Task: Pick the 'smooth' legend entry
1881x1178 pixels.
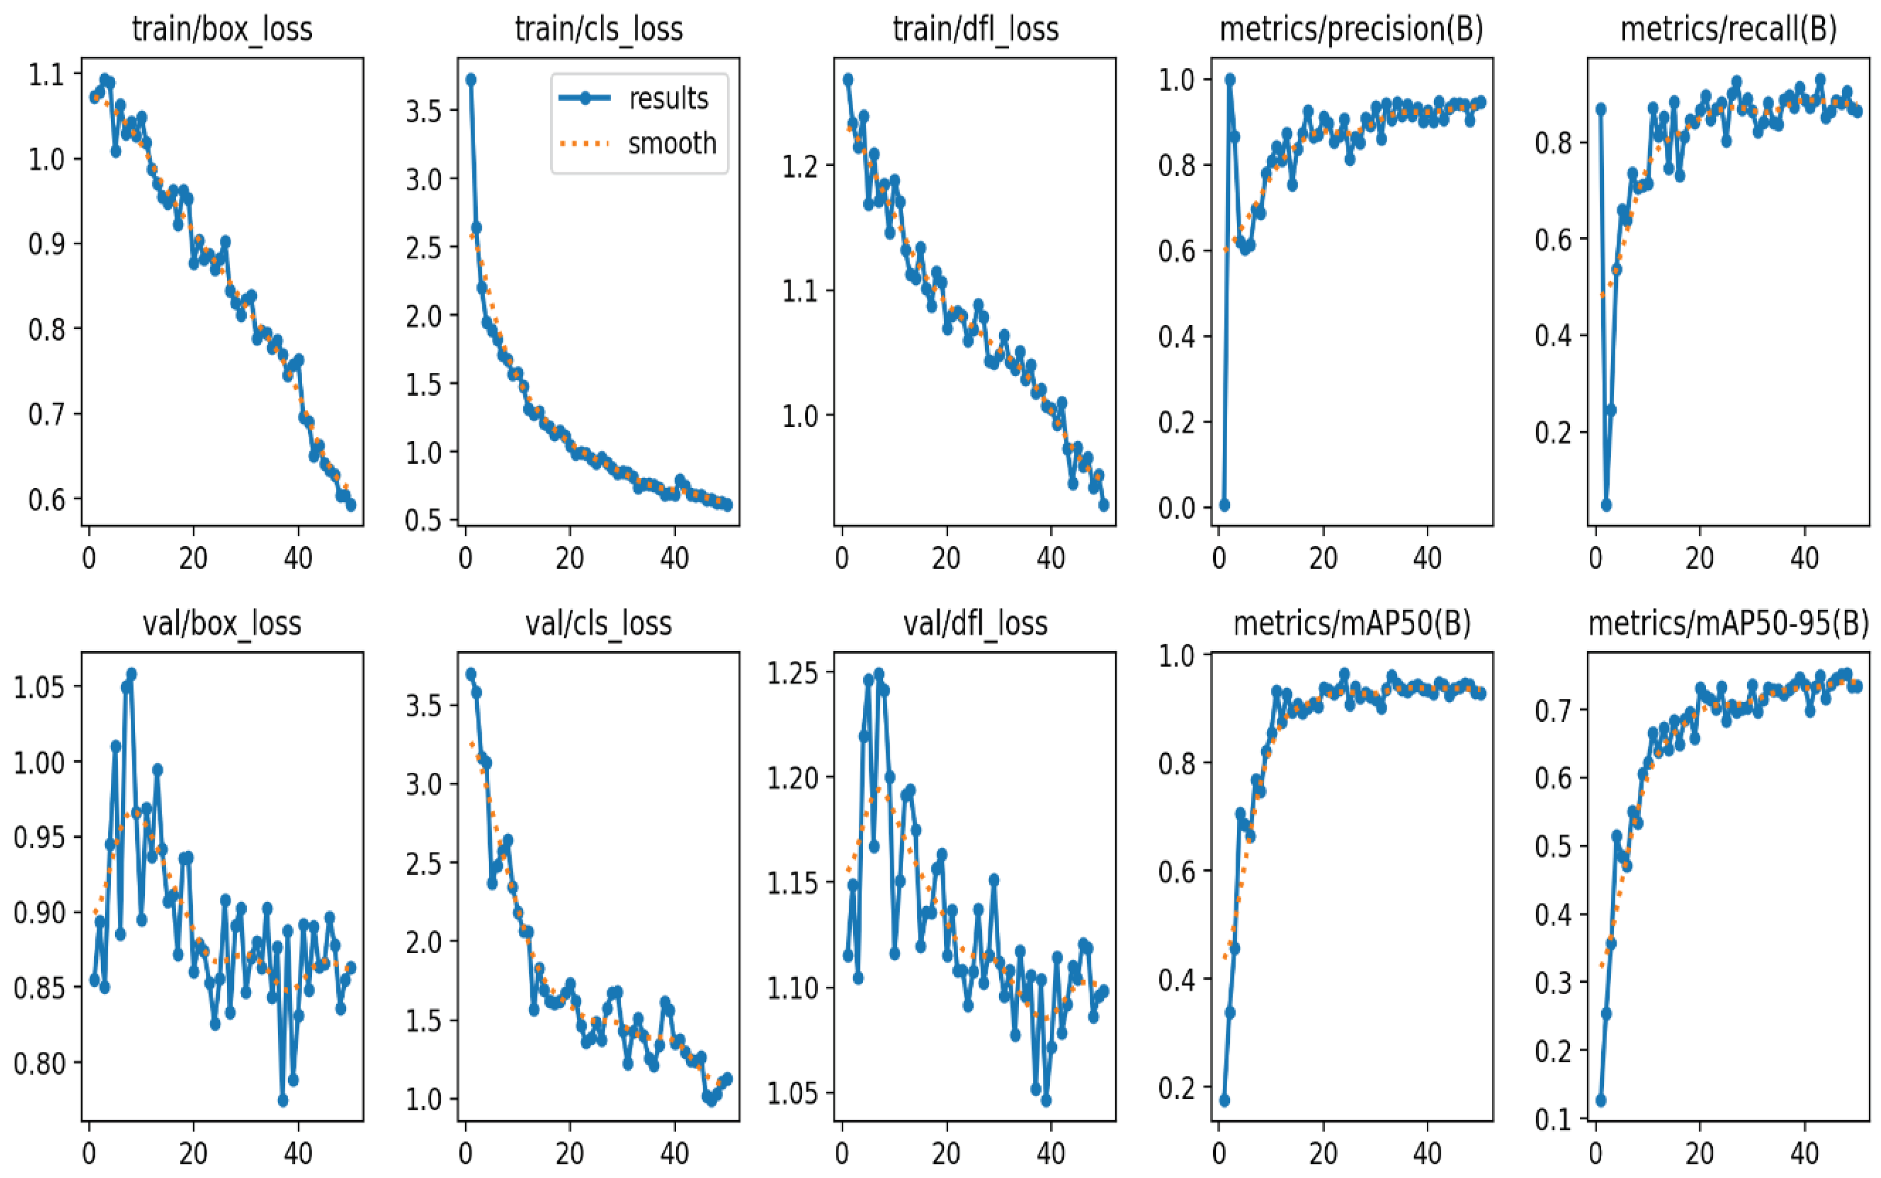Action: click(x=671, y=143)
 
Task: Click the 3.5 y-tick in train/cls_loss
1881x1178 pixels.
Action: click(x=424, y=110)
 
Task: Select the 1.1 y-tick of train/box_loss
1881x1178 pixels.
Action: click(x=47, y=75)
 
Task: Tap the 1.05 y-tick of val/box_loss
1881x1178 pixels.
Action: click(x=39, y=686)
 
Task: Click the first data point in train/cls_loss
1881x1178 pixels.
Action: click(x=470, y=80)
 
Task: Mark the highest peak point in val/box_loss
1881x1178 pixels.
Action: click(x=131, y=673)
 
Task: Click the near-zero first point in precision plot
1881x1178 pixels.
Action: click(x=1224, y=505)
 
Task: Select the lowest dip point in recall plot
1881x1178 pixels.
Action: click(x=1606, y=505)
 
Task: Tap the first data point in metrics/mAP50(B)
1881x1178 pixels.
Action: click(x=1224, y=1100)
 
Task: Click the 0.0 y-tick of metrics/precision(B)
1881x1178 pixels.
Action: click(x=1177, y=508)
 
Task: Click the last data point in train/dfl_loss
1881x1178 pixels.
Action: click(x=1103, y=505)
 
